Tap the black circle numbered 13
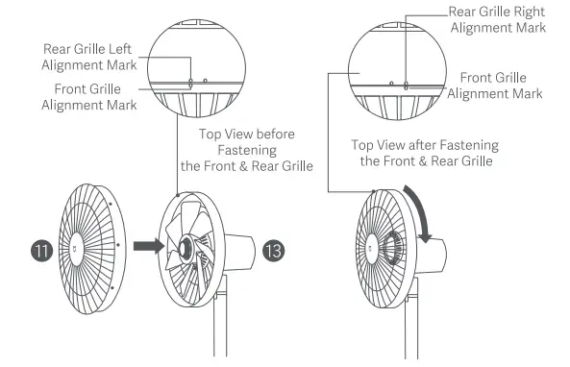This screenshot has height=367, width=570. [273, 252]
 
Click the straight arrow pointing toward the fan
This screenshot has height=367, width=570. [145, 246]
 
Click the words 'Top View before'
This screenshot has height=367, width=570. [246, 134]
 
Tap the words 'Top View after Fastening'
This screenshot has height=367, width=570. [425, 145]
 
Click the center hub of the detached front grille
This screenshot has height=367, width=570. [76, 247]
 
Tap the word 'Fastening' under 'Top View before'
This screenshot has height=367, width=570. [247, 150]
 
